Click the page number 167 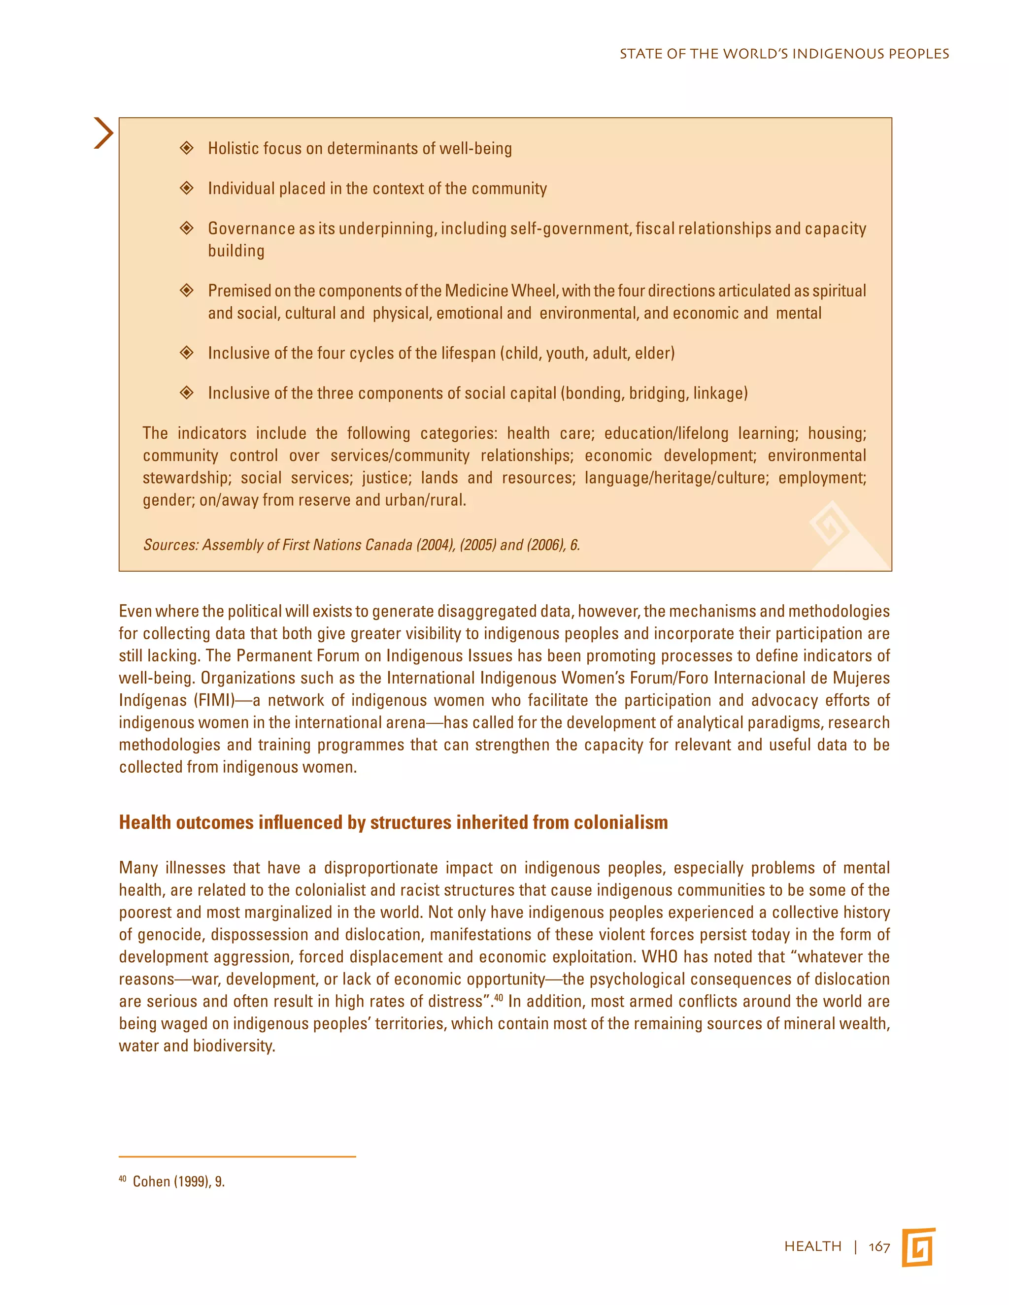879,1246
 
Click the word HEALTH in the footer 812,1246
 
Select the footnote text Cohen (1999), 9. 178,1181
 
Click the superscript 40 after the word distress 498,997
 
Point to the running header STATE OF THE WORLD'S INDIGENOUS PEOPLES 784,54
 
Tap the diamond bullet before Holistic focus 187,148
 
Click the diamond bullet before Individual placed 187,188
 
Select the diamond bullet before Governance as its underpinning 187,228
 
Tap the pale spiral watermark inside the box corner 830,524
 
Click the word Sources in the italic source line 170,545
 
